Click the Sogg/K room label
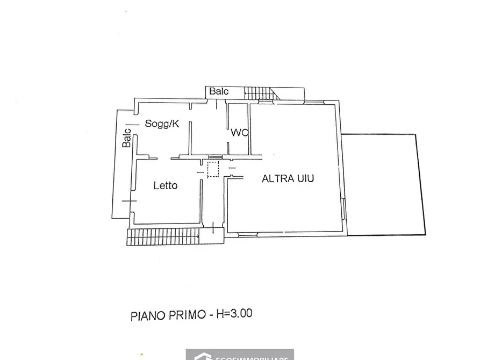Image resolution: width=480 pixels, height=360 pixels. coord(162,124)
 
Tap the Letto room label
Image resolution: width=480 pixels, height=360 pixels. coord(166,186)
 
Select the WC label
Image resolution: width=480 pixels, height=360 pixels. coord(239,132)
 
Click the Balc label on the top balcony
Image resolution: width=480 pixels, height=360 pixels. coord(219,91)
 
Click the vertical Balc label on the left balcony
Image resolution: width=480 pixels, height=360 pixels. coord(126,138)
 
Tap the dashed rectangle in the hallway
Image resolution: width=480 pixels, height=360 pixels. coord(213,169)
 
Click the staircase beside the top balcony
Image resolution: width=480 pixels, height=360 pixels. coord(259,93)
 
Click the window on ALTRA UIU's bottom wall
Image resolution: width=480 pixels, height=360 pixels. coord(248,234)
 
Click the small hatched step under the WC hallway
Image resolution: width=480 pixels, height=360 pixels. coord(214,157)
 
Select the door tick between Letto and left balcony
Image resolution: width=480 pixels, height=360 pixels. coord(129,200)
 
